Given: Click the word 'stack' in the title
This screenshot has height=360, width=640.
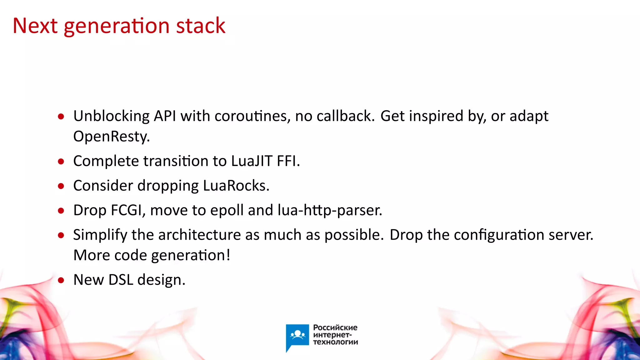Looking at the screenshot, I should point(200,26).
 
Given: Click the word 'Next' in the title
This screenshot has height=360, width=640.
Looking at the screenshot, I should point(35,26).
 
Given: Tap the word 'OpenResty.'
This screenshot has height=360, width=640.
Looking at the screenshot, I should point(112,137).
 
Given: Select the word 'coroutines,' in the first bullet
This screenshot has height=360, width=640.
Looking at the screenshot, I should point(252,116).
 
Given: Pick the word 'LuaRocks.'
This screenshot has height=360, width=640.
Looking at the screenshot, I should point(236,186).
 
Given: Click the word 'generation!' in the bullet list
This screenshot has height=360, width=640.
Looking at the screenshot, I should point(191,255).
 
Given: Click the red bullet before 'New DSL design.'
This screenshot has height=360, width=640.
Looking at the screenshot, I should point(61,280).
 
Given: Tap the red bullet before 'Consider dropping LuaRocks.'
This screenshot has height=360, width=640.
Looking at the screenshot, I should point(61,186).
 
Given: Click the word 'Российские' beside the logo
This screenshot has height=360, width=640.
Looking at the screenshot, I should point(335,327).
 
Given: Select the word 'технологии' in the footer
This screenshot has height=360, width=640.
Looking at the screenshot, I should point(335,342).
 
